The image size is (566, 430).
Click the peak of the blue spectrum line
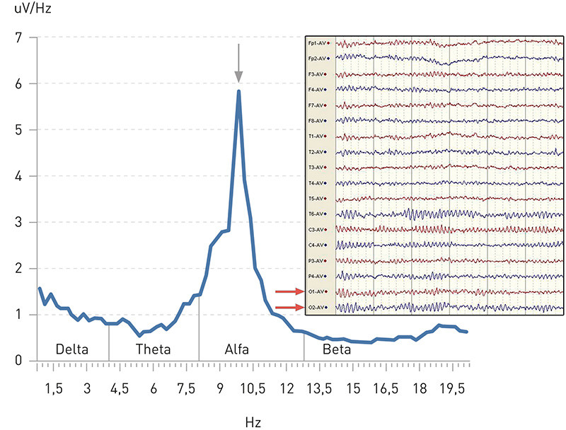pos(238,91)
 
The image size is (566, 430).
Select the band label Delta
pos(74,349)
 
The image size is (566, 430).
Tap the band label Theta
pos(153,349)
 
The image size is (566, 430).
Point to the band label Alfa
pos(236,349)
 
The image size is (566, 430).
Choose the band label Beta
pos(336,349)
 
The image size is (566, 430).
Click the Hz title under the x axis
pos(253,422)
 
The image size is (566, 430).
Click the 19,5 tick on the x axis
pos(453,388)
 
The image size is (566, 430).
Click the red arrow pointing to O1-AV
pos(288,291)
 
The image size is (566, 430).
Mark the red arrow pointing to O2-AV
pos(288,307)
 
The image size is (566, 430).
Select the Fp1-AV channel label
pos(316,42)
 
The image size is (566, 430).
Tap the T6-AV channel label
pos(316,214)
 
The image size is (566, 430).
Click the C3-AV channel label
pos(316,229)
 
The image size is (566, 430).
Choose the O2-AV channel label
pos(316,308)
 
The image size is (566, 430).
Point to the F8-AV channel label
pos(316,120)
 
